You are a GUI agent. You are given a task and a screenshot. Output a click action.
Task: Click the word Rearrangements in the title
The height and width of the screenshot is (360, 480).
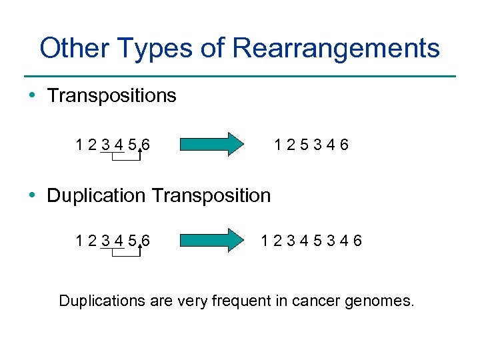337,49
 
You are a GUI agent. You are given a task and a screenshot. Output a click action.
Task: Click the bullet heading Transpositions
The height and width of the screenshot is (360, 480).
111,96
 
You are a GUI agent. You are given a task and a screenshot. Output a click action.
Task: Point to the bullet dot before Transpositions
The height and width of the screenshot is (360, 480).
33,96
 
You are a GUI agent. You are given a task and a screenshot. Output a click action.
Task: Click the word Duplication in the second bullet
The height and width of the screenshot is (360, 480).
96,195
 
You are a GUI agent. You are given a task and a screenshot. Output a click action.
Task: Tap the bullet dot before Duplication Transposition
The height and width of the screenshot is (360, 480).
33,195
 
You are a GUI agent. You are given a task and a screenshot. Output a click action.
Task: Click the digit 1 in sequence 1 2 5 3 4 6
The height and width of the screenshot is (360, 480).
279,145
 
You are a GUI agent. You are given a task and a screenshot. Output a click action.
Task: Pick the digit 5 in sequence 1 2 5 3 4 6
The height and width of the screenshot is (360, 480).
305,145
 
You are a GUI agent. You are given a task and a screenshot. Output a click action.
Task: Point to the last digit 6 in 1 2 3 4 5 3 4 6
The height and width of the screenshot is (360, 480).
358,241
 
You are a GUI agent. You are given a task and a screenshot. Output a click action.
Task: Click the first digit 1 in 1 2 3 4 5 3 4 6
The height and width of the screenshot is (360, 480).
266,241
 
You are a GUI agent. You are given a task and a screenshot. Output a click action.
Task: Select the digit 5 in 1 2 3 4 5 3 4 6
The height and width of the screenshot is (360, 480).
319,241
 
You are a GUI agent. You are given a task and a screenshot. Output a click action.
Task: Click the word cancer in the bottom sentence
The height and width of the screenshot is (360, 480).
316,301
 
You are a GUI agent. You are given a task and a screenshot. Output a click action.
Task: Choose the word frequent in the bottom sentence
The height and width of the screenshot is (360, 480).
241,301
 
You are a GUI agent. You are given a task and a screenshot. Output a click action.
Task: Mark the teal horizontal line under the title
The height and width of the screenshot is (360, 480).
240,76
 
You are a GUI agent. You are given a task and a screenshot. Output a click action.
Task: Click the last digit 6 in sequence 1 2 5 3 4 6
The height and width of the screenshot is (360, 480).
344,145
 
